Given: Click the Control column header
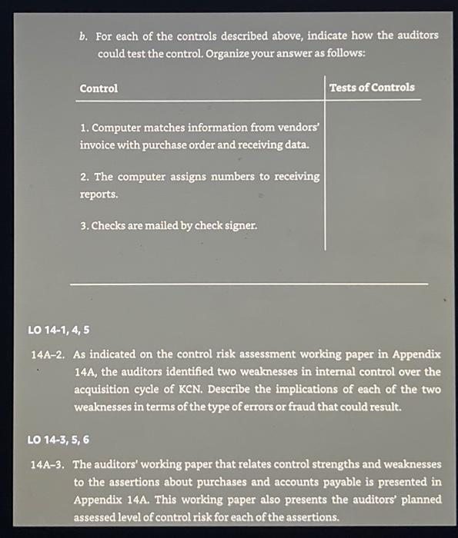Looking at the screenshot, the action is (x=99, y=88).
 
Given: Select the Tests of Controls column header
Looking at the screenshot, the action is (x=372, y=88).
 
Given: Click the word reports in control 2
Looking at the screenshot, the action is (x=99, y=194).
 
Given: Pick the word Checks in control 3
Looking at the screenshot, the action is (x=109, y=226).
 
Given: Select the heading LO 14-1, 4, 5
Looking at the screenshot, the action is (x=59, y=330).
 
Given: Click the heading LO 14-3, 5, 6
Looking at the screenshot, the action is (x=59, y=440).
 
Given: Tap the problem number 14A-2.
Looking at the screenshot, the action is (x=47, y=355).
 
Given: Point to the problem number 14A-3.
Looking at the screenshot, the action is (x=47, y=465).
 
